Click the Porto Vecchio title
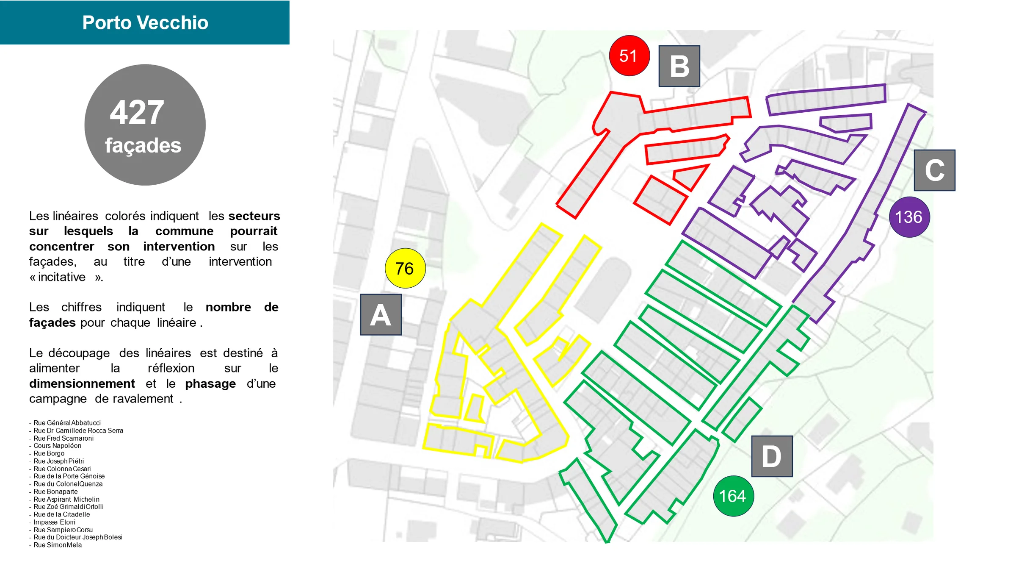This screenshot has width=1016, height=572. click(145, 22)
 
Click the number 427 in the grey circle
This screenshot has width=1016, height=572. click(137, 113)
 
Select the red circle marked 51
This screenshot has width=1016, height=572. click(629, 56)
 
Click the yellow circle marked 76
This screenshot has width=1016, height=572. click(405, 268)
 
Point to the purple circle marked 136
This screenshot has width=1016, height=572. click(909, 217)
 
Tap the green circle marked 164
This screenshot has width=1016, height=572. click(733, 496)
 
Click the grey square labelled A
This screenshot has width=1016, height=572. click(381, 315)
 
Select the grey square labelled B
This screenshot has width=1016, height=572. click(679, 66)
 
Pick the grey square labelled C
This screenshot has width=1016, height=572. click(935, 170)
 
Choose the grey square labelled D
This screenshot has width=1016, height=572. click(772, 456)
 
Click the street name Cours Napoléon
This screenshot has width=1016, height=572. click(58, 446)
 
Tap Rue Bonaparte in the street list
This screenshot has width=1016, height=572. click(56, 492)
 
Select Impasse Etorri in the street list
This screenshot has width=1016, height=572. click(55, 522)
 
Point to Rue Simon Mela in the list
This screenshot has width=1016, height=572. click(58, 545)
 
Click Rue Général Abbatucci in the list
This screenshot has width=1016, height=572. click(67, 423)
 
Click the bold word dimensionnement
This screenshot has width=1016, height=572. click(82, 383)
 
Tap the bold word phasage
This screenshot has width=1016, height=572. click(210, 384)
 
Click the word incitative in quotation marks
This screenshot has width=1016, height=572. click(62, 277)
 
